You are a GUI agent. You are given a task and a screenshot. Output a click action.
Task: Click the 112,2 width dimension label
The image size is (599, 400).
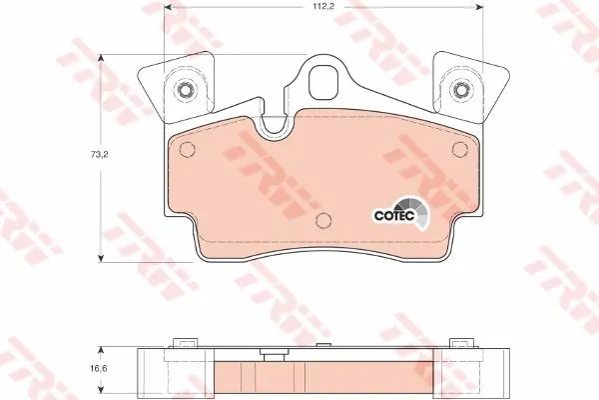tap(323, 7)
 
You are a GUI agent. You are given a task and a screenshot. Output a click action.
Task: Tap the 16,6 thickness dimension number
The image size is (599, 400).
tap(99, 369)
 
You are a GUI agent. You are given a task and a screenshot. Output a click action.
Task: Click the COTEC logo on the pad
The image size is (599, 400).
tap(401, 214)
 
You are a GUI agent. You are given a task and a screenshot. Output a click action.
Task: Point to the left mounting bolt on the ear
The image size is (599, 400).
tap(186, 90)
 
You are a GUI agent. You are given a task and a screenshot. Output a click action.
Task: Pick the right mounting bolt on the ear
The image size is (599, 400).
tap(460, 91)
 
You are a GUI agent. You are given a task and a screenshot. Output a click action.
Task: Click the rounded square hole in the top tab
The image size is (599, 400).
tap(323, 82)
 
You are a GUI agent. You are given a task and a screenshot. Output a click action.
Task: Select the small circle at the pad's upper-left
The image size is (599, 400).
tap(187, 149)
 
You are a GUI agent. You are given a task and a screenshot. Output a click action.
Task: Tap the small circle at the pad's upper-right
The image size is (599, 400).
tap(459, 149)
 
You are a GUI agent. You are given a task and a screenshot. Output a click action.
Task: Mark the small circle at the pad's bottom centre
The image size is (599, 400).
tap(323, 220)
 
